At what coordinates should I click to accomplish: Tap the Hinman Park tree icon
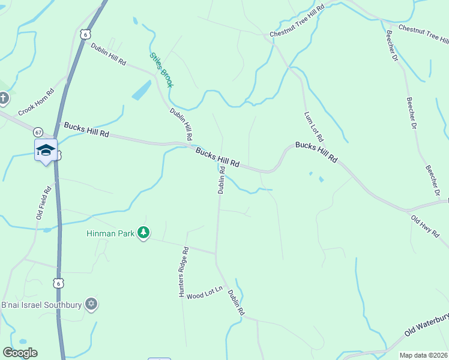pos(143,232)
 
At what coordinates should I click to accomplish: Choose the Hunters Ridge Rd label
pos(183,273)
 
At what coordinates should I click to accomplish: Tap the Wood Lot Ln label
pos(204,295)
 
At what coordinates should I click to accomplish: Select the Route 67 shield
pos(38,132)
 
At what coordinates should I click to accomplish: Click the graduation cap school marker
pos(46,150)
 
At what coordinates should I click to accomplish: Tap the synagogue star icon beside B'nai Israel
pos(91,304)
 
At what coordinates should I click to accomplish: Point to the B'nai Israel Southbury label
pos(42,305)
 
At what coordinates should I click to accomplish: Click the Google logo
pos(20,353)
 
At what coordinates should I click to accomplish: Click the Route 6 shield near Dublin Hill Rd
pos(86,35)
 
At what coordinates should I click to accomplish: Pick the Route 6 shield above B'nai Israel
pos(58,283)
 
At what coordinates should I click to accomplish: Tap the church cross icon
pos(4,98)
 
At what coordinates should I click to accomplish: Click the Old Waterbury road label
pos(426,324)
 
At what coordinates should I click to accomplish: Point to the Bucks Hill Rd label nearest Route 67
pos(86,130)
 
